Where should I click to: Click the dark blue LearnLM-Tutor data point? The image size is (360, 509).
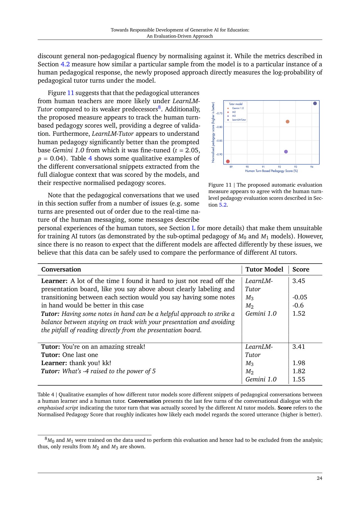click(315, 103)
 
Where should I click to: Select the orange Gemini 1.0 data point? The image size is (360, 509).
click(287, 122)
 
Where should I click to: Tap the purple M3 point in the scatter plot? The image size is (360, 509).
click(286, 152)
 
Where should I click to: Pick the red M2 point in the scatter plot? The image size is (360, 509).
click(228, 161)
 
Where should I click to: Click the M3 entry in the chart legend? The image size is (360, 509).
click(234, 116)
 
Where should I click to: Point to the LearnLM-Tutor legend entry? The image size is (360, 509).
click(239, 120)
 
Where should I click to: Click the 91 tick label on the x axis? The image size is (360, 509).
click(263, 167)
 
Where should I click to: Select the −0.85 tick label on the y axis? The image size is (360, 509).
click(219, 141)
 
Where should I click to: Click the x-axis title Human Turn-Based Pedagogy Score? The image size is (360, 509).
click(271, 171)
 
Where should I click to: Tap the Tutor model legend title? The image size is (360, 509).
click(236, 104)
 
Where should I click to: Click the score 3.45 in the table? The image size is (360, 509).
click(299, 281)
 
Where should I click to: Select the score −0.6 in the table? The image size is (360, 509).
click(298, 305)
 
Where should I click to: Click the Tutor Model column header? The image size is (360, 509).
click(264, 269)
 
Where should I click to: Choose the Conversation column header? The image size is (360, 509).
click(61, 269)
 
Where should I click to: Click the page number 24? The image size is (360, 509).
click(319, 478)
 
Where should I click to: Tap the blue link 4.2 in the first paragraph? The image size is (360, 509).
click(65, 64)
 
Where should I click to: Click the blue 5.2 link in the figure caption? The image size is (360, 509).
click(223, 205)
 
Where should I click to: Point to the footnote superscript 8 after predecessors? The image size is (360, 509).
click(159, 107)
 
